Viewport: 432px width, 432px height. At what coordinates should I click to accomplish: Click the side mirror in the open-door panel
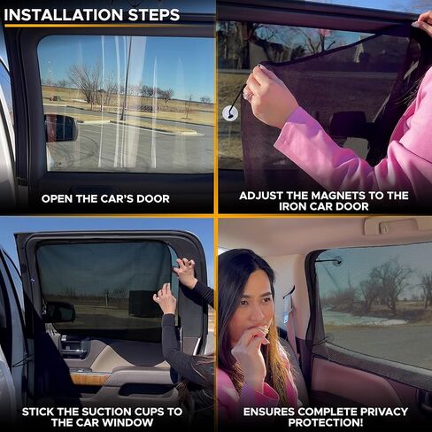pyautogui.click(x=61, y=128)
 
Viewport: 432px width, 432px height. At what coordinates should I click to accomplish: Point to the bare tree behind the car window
pyautogui.click(x=87, y=81)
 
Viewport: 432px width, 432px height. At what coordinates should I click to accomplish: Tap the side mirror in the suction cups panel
pyautogui.click(x=60, y=311)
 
